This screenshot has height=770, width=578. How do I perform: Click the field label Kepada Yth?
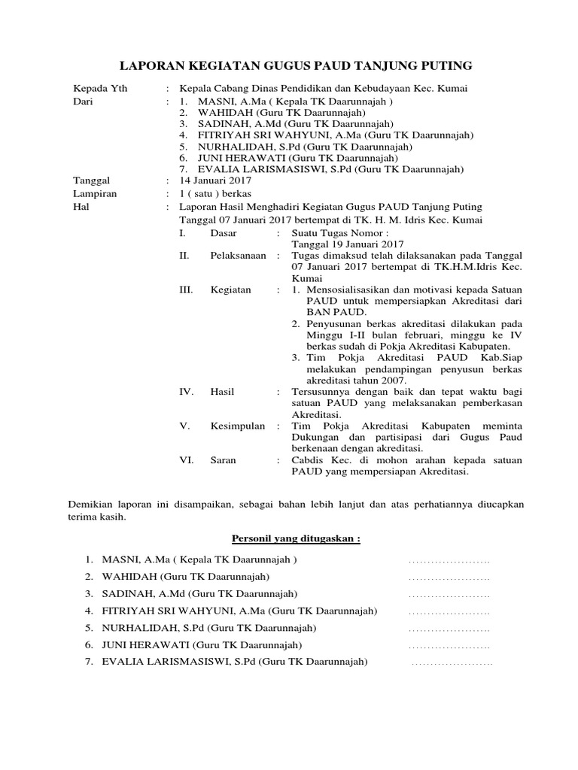point(99,88)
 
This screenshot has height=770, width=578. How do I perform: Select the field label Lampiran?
point(94,193)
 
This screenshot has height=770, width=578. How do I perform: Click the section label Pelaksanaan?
point(238,256)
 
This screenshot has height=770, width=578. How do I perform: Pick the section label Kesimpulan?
point(237,426)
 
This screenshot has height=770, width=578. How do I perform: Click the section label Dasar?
point(224,234)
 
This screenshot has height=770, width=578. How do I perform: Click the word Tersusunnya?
point(320,392)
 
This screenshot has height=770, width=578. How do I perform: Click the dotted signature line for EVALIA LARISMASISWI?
point(452,662)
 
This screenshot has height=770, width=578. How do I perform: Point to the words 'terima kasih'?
point(97,518)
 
